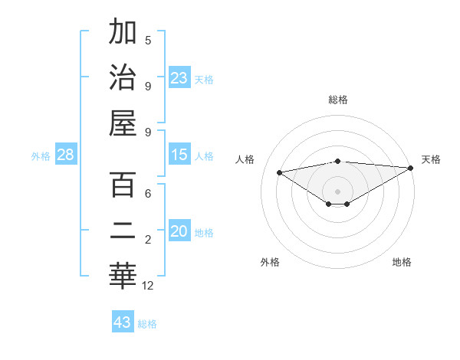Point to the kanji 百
click(123, 185)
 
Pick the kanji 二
click(123, 230)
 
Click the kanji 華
click(123, 274)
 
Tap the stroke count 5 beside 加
click(148, 40)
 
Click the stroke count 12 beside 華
click(148, 285)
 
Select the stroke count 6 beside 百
click(148, 195)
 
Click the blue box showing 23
click(179, 78)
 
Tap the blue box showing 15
click(179, 155)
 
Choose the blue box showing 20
click(179, 231)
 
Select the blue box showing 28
click(66, 155)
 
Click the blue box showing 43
click(123, 322)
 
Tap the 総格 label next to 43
click(148, 324)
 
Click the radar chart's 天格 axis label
click(431, 159)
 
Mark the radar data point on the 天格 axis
click(411, 168)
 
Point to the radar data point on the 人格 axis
click(279, 172)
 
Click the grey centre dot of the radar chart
click(337, 191)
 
